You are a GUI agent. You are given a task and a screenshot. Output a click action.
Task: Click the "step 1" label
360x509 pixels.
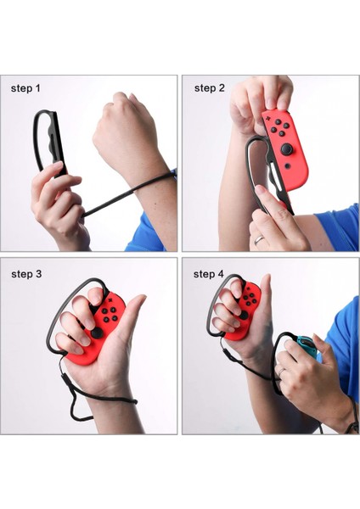click(25, 88)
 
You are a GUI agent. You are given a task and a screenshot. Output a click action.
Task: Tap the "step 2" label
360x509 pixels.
click(210, 88)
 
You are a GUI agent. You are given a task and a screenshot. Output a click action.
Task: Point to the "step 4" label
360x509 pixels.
click(209, 274)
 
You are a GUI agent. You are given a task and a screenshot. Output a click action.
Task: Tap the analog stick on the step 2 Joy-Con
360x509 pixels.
click(288, 150)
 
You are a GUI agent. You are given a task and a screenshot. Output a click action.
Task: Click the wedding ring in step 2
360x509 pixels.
click(258, 240)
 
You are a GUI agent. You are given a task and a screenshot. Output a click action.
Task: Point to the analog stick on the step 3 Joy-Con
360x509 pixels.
click(98, 333)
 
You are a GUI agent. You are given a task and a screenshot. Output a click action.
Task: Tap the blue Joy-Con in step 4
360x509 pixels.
click(305, 347)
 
